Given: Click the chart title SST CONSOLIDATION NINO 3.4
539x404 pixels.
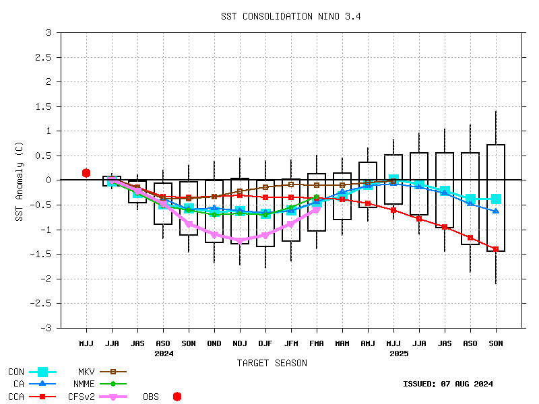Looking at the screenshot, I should pyautogui.click(x=290, y=17).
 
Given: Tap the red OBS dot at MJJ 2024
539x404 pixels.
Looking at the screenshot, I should pyautogui.click(x=86, y=173).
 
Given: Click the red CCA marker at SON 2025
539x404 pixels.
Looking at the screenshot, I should pyautogui.click(x=496, y=249).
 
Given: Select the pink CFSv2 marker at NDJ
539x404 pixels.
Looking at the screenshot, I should pyautogui.click(x=240, y=240).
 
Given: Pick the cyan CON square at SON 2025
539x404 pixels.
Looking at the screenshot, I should pyautogui.click(x=496, y=199).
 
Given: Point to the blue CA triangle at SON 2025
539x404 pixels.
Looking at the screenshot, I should pyautogui.click(x=496, y=211).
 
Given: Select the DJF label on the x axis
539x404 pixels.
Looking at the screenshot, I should pyautogui.click(x=265, y=344).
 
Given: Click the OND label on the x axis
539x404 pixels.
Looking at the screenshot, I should pyautogui.click(x=214, y=344).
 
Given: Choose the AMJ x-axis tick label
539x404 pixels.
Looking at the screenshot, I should pyautogui.click(x=368, y=344).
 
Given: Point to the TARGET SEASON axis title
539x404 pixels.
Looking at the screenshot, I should pyautogui.click(x=272, y=363).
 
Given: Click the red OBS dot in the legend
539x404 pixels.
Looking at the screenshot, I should pyautogui.click(x=177, y=397).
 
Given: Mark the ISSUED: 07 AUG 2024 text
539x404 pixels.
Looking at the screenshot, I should pyautogui.click(x=447, y=384).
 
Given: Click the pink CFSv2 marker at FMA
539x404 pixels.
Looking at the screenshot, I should pyautogui.click(x=317, y=209).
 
